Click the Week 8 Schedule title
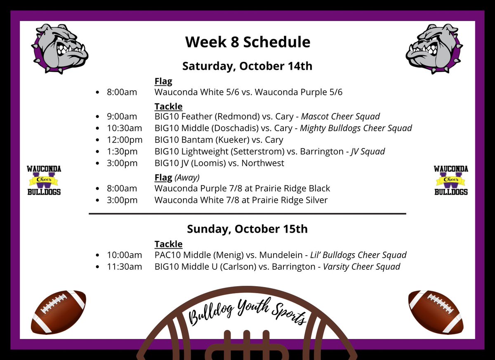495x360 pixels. coord(247,42)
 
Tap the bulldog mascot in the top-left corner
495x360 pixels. coord(60,49)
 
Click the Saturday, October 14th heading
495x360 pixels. coord(247,66)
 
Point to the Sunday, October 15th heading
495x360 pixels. coord(247,229)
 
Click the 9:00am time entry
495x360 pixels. coord(122,117)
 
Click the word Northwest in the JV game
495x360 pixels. coord(263,163)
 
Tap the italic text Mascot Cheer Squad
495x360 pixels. coord(340,117)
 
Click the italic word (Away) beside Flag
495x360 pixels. coord(187,178)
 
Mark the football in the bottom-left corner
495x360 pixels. coord(59,312)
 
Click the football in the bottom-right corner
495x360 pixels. coord(436,312)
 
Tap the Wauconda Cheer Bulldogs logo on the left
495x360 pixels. coord(44,180)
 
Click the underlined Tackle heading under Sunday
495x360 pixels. coord(168,244)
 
